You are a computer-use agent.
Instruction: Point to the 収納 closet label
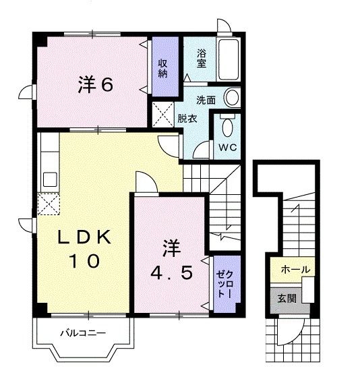(163, 68)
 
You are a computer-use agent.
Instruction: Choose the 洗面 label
(206, 100)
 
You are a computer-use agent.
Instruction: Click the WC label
(226, 146)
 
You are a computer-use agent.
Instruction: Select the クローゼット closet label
(224, 284)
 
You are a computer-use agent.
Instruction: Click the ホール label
(295, 270)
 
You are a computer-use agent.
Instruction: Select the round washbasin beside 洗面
(232, 98)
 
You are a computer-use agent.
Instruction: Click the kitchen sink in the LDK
(49, 179)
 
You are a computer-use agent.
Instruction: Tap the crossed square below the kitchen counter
(49, 202)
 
